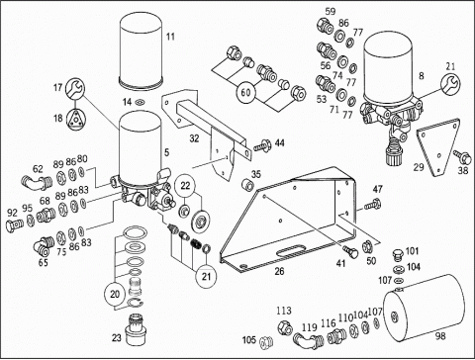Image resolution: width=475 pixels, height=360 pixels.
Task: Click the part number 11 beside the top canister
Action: coord(170,37)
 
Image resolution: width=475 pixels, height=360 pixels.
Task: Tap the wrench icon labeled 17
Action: coord(75,88)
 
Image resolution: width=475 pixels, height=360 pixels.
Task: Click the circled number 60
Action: coord(246,92)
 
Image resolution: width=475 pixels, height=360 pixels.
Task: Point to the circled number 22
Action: coord(185,185)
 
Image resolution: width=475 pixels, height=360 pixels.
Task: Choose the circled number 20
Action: coord(115,294)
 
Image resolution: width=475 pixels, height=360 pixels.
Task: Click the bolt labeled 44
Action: coord(263,145)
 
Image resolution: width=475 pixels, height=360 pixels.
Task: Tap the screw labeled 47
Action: coord(373,205)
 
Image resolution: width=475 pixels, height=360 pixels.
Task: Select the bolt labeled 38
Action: coord(462,157)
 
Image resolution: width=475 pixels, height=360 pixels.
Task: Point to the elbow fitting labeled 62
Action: coord(35,183)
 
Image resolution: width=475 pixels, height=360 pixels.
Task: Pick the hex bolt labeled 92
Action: coord(15,225)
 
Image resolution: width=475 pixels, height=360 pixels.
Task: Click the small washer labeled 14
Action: coord(140,103)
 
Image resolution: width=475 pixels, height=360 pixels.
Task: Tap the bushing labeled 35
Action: coord(247,185)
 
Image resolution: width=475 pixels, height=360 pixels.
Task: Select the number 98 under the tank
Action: coord(440,336)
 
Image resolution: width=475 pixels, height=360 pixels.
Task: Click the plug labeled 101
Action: coord(399,255)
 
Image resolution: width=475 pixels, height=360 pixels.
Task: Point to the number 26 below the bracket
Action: coord(279,271)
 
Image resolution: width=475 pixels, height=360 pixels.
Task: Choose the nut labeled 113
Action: coord(285,326)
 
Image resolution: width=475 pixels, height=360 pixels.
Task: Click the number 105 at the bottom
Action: coord(249,340)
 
